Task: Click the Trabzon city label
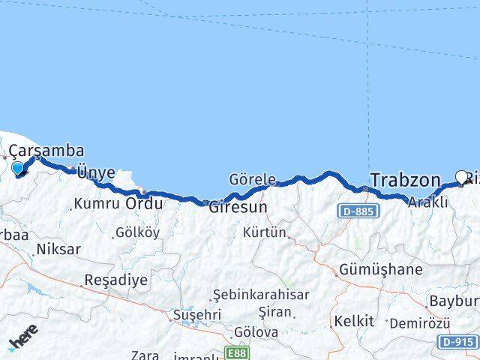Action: click(405, 180)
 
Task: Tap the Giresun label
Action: click(238, 206)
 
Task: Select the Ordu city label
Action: click(144, 203)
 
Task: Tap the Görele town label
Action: click(253, 178)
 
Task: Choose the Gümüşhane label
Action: click(380, 269)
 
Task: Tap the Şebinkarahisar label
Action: click(260, 295)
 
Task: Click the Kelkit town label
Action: click(352, 321)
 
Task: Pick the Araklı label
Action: click(428, 202)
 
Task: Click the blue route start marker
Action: click(19, 168)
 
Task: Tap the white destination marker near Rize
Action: click(462, 177)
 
